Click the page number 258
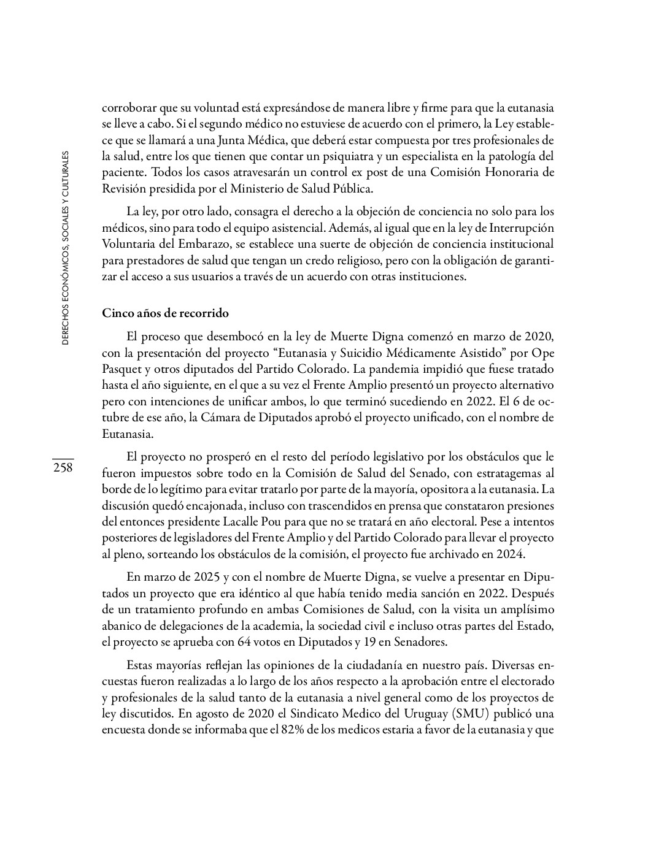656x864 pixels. (63, 468)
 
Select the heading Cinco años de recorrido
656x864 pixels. (165, 313)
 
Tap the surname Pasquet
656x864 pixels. (122, 370)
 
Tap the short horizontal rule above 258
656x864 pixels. (63, 458)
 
